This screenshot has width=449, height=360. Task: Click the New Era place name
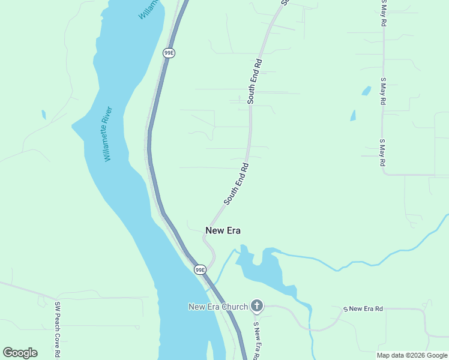[x=223, y=230]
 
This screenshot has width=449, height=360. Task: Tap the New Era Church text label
[x=218, y=307]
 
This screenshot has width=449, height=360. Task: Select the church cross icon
[x=256, y=307]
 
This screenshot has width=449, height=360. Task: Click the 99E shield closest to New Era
[x=200, y=270]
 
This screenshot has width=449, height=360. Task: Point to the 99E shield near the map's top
[x=169, y=53]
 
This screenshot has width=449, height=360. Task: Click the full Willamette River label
[x=107, y=134]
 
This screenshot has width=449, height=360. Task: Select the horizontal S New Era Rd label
[x=363, y=309]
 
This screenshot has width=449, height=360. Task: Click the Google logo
[x=20, y=353]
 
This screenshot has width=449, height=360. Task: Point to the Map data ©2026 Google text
[x=412, y=355]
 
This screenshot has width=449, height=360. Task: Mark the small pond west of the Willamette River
[x=43, y=114]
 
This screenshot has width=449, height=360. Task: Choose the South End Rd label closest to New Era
[x=236, y=183]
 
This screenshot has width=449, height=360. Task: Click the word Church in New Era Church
[x=234, y=307]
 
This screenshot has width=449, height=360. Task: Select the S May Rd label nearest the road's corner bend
[x=382, y=152]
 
